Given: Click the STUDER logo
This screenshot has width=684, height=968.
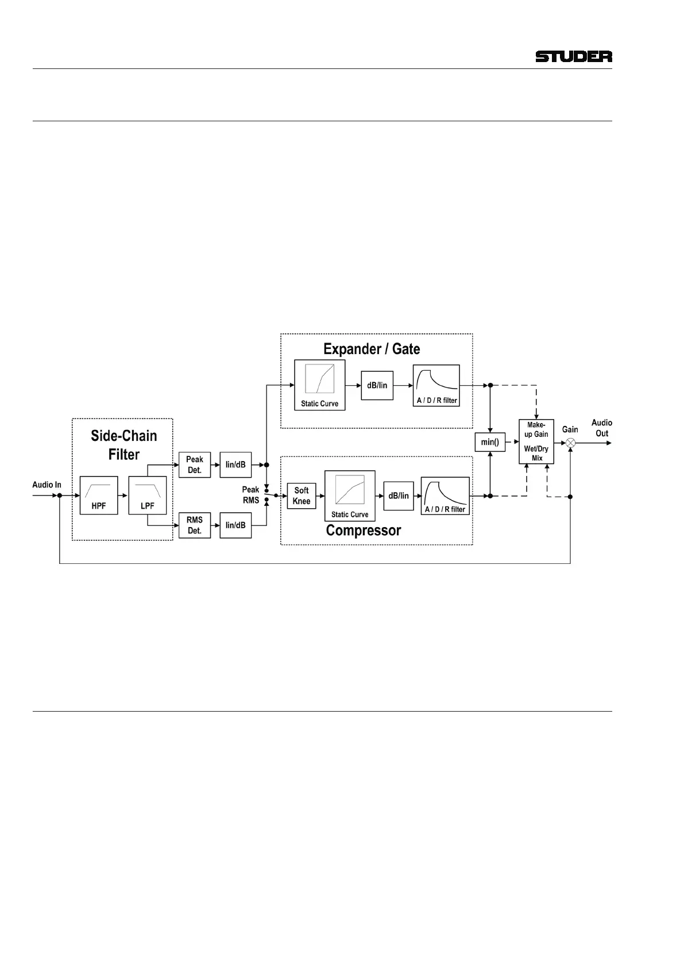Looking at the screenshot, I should (x=573, y=56).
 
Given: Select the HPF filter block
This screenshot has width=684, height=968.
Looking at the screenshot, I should (x=99, y=495).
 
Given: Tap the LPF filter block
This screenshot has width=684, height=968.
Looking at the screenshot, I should (x=148, y=495).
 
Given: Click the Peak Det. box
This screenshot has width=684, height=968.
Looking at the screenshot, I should (x=195, y=464).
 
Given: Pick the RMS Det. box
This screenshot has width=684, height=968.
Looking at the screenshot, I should (x=195, y=525).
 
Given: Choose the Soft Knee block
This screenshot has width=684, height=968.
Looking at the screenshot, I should (x=302, y=495).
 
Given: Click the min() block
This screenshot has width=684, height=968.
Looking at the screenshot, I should (x=490, y=442).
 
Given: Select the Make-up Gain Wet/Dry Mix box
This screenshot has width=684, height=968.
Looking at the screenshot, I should (x=536, y=441).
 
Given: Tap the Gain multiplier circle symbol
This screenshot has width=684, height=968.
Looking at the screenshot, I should (x=570, y=443).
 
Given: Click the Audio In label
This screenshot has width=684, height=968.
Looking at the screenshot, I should (x=47, y=485).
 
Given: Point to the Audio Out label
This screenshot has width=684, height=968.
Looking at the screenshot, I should (x=601, y=428).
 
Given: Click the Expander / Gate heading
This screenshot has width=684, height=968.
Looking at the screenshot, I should (x=372, y=349).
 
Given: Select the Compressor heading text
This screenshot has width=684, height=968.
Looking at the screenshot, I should (x=364, y=530).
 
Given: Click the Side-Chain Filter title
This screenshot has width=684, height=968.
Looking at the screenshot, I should (x=124, y=445).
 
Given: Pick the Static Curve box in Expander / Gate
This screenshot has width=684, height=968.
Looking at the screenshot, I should (x=320, y=385).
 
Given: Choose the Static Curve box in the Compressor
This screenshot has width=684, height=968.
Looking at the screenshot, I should (x=350, y=495).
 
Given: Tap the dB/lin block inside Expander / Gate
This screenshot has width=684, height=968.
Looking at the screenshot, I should (x=377, y=385).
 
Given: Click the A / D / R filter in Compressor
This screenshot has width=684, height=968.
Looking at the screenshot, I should (x=445, y=495).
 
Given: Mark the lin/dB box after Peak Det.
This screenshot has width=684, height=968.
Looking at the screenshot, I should (x=235, y=464).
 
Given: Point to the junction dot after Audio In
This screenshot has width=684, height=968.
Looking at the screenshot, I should (x=60, y=495).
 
